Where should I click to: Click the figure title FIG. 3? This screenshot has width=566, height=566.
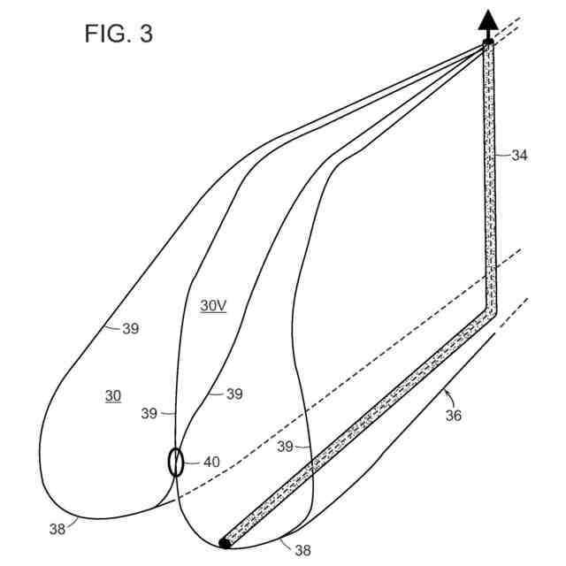[119, 34]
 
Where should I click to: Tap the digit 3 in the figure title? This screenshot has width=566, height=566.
[144, 34]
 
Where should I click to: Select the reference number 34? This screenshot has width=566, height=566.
[518, 156]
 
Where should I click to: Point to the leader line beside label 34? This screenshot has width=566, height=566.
[501, 156]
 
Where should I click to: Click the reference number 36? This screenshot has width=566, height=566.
[453, 414]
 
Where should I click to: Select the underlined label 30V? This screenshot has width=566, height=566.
[213, 306]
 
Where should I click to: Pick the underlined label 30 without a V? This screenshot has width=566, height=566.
[113, 396]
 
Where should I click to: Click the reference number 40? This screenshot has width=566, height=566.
[212, 462]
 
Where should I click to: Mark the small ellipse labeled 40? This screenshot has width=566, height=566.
[176, 462]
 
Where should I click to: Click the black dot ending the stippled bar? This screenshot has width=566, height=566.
[225, 543]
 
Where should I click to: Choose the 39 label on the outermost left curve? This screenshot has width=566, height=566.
[130, 329]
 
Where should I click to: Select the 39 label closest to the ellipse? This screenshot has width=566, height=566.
[149, 413]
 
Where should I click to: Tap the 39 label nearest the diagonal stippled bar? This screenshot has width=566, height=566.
[285, 447]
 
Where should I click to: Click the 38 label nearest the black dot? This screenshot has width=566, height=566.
[302, 550]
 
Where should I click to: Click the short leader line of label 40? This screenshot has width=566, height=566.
[194, 462]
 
